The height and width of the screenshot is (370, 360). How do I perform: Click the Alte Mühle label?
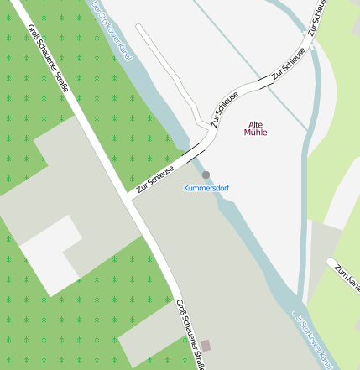256,128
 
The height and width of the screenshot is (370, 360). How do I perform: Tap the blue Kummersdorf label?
206,188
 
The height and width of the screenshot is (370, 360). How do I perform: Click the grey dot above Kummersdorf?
206,175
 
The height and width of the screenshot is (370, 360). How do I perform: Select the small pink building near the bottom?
206,346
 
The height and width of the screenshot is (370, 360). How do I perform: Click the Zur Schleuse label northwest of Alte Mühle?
225,108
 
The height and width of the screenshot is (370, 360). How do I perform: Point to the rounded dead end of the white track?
140,28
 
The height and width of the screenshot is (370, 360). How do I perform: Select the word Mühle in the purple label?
256,133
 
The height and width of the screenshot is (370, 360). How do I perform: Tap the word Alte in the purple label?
256,124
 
